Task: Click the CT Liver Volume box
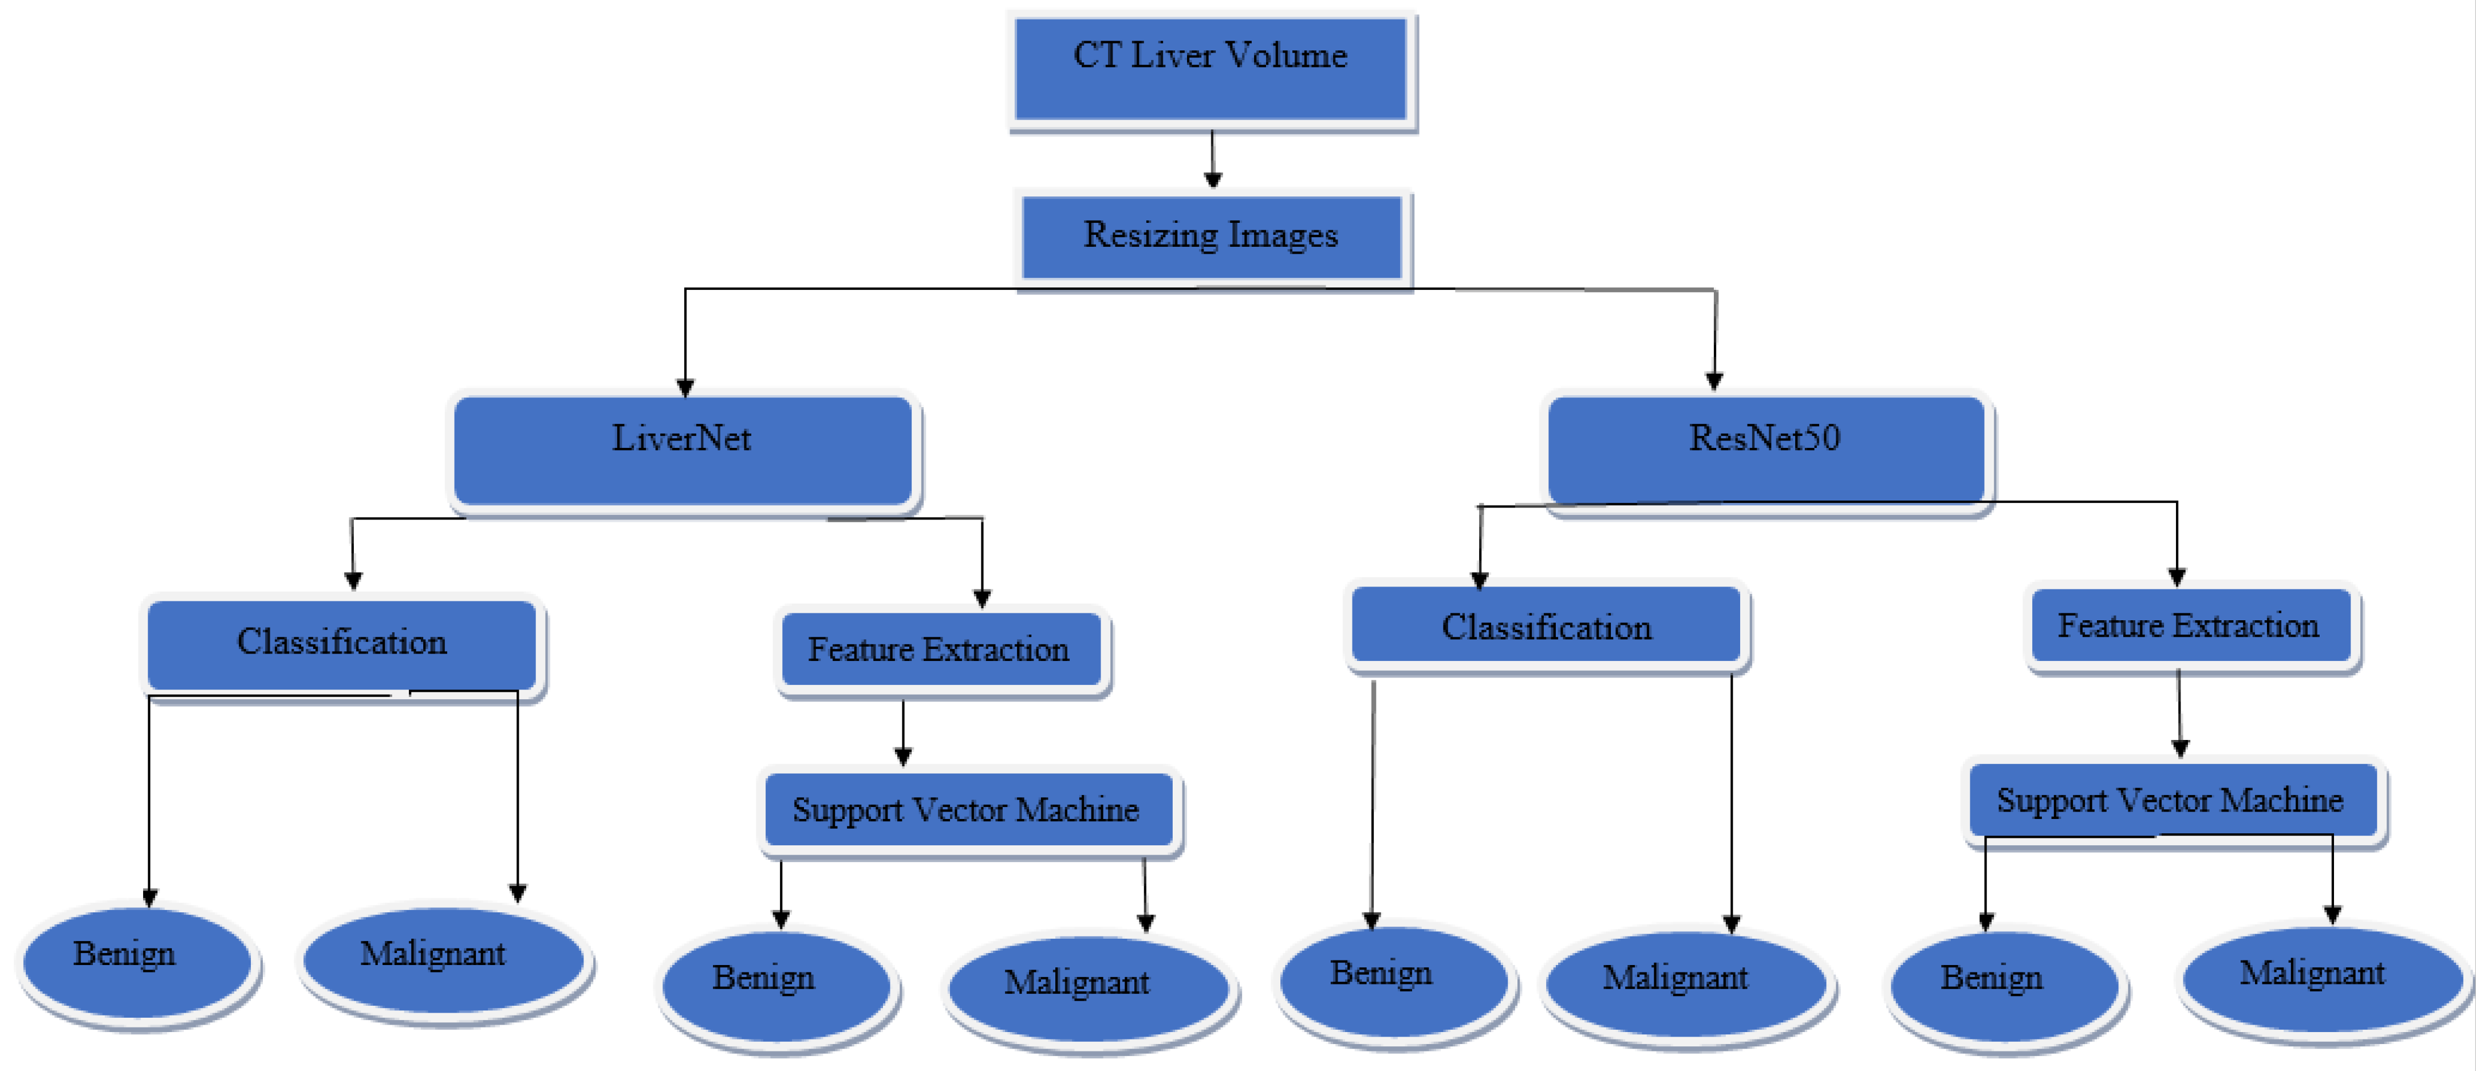pos(1211,69)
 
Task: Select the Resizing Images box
pos(1211,237)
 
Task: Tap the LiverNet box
pos(683,450)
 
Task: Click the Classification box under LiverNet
pos(342,644)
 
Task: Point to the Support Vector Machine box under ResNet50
pos(2170,800)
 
